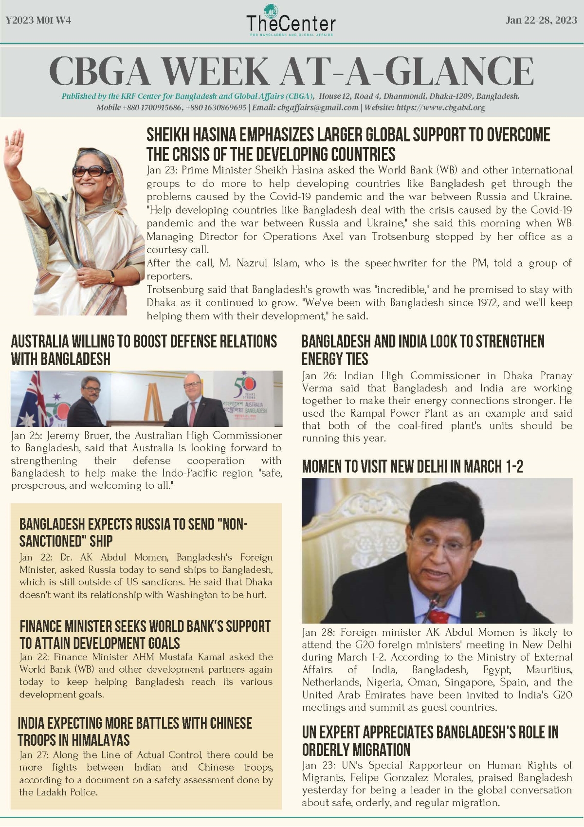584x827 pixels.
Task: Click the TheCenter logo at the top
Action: (x=291, y=21)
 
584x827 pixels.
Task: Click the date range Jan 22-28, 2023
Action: (x=541, y=20)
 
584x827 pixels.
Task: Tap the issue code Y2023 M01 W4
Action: (x=38, y=20)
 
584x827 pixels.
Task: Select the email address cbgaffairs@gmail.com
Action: (x=318, y=108)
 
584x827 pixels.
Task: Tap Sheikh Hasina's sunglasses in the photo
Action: (x=91, y=171)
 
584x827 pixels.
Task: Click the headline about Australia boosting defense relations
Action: (x=144, y=350)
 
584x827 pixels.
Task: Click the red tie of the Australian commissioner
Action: (x=193, y=413)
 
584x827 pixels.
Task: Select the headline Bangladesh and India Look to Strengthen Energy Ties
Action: (x=422, y=350)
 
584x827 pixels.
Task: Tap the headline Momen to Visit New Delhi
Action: (x=412, y=466)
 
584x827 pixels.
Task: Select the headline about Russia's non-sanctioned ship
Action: (x=133, y=533)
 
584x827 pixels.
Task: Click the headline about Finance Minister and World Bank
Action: (x=145, y=634)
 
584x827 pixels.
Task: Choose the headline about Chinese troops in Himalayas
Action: (x=135, y=731)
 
